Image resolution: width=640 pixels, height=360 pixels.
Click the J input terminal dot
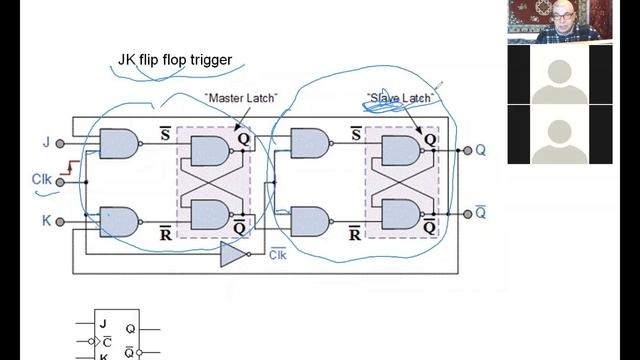[60, 144]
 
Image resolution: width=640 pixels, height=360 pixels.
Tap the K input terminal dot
[60, 222]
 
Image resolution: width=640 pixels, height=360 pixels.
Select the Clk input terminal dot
[60, 182]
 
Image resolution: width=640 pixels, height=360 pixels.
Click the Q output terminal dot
[468, 151]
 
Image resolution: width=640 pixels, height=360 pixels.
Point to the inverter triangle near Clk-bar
[233, 254]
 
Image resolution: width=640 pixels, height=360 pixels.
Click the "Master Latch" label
[241, 98]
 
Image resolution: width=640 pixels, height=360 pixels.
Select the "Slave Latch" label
[400, 98]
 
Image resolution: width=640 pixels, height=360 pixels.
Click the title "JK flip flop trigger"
[175, 60]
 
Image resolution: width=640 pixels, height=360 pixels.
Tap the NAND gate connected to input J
[119, 144]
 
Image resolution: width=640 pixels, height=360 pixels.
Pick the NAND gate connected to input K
[119, 222]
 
